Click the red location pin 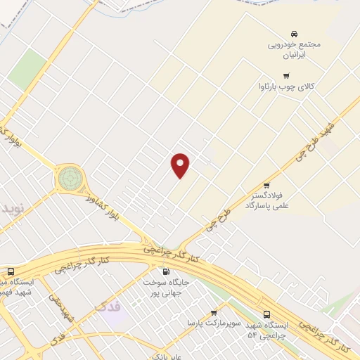[181, 165]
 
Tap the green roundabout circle [70, 178]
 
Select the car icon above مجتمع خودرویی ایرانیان [294, 33]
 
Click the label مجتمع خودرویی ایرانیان [294, 49]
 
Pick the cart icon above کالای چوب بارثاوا [285, 76]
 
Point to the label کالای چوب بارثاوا [285, 88]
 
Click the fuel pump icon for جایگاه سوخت [166, 271]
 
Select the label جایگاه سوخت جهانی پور [166, 286]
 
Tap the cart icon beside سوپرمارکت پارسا [214, 312]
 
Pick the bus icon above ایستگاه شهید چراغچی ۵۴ [266, 314]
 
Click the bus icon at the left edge [10, 271]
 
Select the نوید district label [11, 209]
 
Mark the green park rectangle [27, 68]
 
